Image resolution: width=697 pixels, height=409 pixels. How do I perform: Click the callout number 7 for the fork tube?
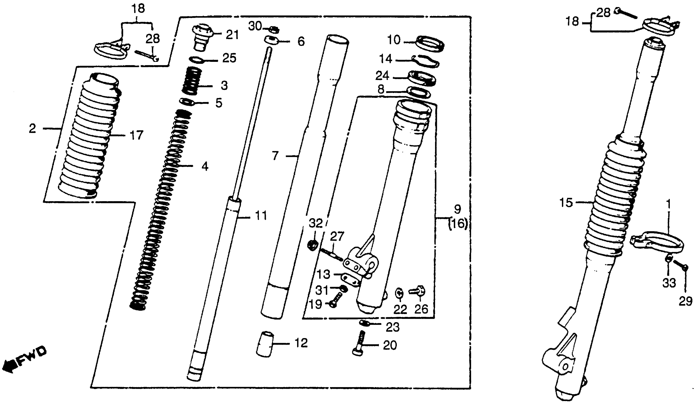pyautogui.click(x=275, y=156)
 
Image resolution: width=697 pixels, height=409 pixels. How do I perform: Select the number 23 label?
pyautogui.click(x=392, y=327)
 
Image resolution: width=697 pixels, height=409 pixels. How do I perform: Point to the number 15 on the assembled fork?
pyautogui.click(x=566, y=203)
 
